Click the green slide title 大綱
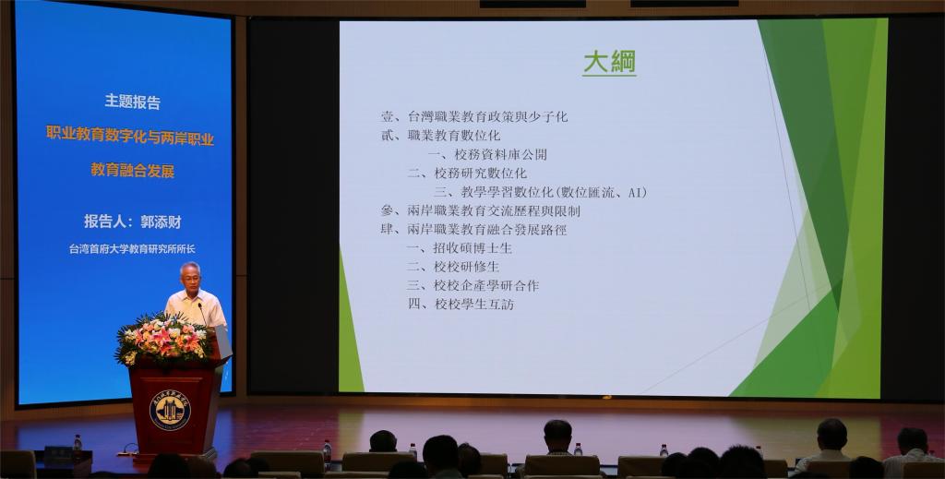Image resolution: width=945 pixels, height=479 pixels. tap(609, 63)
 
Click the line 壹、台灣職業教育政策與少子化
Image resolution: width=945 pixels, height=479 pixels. tap(474, 117)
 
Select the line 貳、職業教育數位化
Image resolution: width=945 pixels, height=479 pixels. tap(440, 136)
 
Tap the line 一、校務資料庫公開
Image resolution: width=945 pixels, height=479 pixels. tap(487, 155)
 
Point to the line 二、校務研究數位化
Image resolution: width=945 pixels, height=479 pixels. tap(467, 174)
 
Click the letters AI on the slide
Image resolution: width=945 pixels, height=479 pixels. tap(635, 193)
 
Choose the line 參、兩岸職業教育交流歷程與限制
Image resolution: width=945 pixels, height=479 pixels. tap(480, 211)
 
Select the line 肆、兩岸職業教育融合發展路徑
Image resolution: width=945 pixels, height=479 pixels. tap(473, 230)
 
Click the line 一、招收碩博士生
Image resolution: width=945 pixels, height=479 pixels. tap(460, 248)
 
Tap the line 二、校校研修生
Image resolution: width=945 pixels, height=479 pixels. tap(453, 267)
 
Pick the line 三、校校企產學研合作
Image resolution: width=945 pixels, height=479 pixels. tap(473, 285)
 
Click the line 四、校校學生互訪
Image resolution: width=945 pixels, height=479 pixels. tap(461, 305)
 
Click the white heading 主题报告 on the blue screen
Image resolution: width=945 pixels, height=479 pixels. tap(133, 102)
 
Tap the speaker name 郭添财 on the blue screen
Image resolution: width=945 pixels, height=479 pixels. tap(161, 222)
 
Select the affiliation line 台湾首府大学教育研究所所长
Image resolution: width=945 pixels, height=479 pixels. tap(132, 249)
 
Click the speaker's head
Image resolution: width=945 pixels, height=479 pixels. tap(190, 275)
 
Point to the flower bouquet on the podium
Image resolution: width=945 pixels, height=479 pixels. tap(162, 340)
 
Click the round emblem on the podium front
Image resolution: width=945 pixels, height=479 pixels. tap(170, 410)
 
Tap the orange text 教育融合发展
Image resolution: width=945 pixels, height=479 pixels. tap(133, 171)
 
